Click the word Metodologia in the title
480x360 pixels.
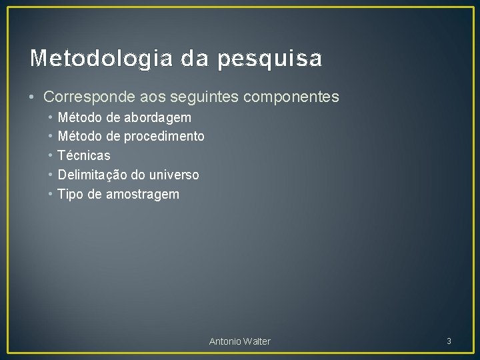tap(89, 59)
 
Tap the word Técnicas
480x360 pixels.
tap(84, 155)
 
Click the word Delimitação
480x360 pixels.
tap(93, 175)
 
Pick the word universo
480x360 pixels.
tap(175, 175)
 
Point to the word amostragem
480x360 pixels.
tap(143, 195)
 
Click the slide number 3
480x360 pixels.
tap(449, 341)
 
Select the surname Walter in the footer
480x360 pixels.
tap(258, 341)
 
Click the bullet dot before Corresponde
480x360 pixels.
tap(33, 97)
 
